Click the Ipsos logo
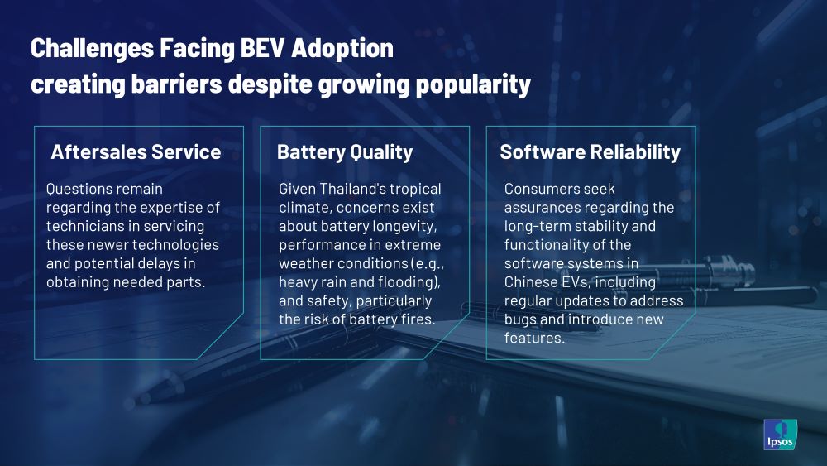pyautogui.click(x=780, y=435)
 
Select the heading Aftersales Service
pyautogui.click(x=136, y=152)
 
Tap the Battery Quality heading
pyautogui.click(x=345, y=152)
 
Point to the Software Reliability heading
pyautogui.click(x=590, y=152)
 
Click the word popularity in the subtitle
pyautogui.click(x=472, y=84)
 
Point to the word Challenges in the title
pyautogui.click(x=92, y=49)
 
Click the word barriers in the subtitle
pyautogui.click(x=176, y=84)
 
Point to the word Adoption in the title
pyautogui.click(x=342, y=49)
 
